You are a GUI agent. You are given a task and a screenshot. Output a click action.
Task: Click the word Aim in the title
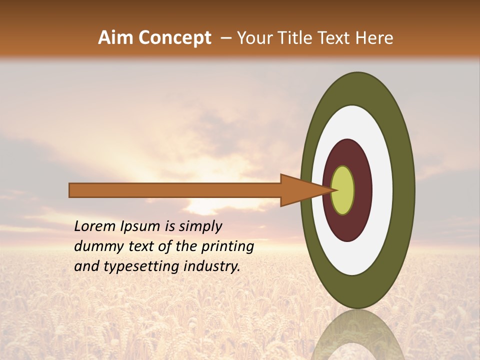pyautogui.click(x=116, y=38)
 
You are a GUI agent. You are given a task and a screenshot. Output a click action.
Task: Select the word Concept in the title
pyautogui.click(x=174, y=38)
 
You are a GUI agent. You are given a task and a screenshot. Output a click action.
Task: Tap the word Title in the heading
pyautogui.click(x=296, y=38)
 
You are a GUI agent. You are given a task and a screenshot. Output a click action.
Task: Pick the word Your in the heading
pyautogui.click(x=254, y=38)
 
